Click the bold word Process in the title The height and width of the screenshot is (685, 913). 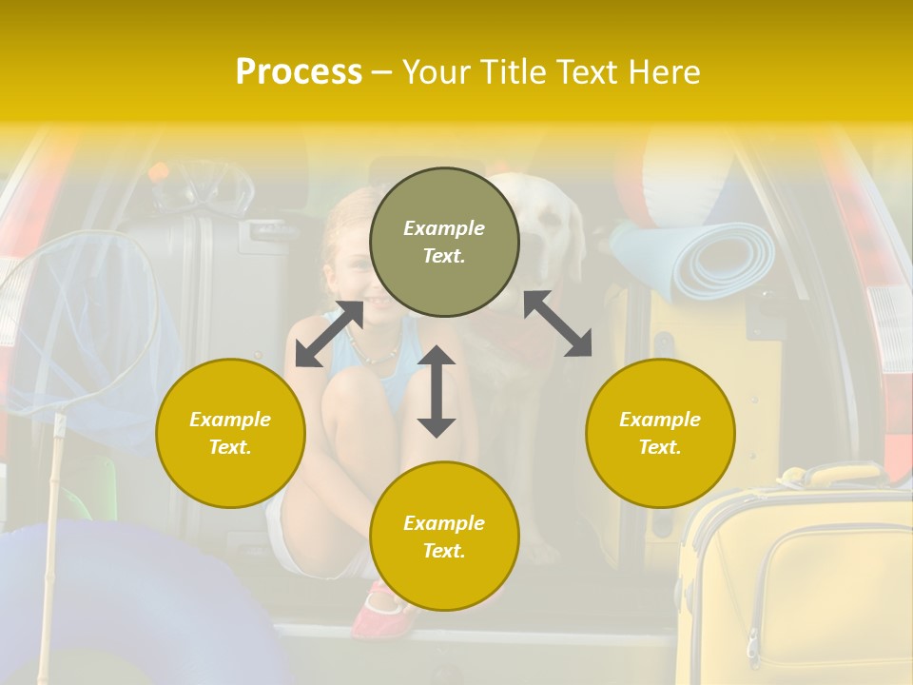point(299,72)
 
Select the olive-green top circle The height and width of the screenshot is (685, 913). point(444,243)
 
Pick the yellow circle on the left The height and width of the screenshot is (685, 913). point(230,433)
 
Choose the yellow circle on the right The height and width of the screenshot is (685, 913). point(660,433)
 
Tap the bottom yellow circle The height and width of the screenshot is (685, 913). point(444,537)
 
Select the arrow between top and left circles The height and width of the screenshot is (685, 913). point(329,334)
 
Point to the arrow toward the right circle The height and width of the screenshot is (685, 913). point(558,323)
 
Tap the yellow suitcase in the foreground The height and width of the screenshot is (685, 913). point(799,580)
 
